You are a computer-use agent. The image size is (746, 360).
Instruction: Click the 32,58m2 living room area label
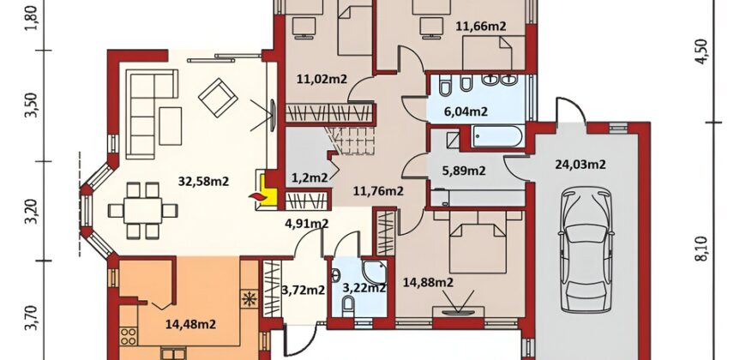pyautogui.click(x=203, y=181)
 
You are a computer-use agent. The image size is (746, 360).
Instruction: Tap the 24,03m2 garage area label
pyautogui.click(x=580, y=165)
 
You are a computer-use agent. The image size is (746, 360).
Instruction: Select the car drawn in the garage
pyautogui.click(x=586, y=249)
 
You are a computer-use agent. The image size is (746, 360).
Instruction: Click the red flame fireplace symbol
pyautogui.click(x=257, y=196)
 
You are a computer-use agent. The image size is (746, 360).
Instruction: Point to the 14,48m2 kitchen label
pyautogui.click(x=190, y=324)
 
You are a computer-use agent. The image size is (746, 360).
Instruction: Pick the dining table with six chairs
pyautogui.click(x=142, y=210)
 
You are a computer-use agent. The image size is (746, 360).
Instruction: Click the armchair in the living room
pyautogui.click(x=218, y=98)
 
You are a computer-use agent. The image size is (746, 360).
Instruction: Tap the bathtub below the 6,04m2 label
pyautogui.click(x=497, y=136)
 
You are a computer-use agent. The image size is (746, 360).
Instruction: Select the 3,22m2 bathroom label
pyautogui.click(x=364, y=288)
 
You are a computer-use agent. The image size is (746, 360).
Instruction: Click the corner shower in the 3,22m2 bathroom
pyautogui.click(x=375, y=272)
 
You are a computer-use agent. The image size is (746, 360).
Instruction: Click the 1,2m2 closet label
pyautogui.click(x=310, y=178)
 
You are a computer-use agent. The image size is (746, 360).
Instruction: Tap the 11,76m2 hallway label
pyautogui.click(x=378, y=191)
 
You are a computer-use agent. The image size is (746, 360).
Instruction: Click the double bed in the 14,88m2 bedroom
pyautogui.click(x=478, y=242)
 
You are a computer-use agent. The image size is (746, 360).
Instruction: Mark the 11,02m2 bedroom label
pyautogui.click(x=322, y=80)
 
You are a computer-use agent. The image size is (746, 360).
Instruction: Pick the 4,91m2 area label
pyautogui.click(x=306, y=223)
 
